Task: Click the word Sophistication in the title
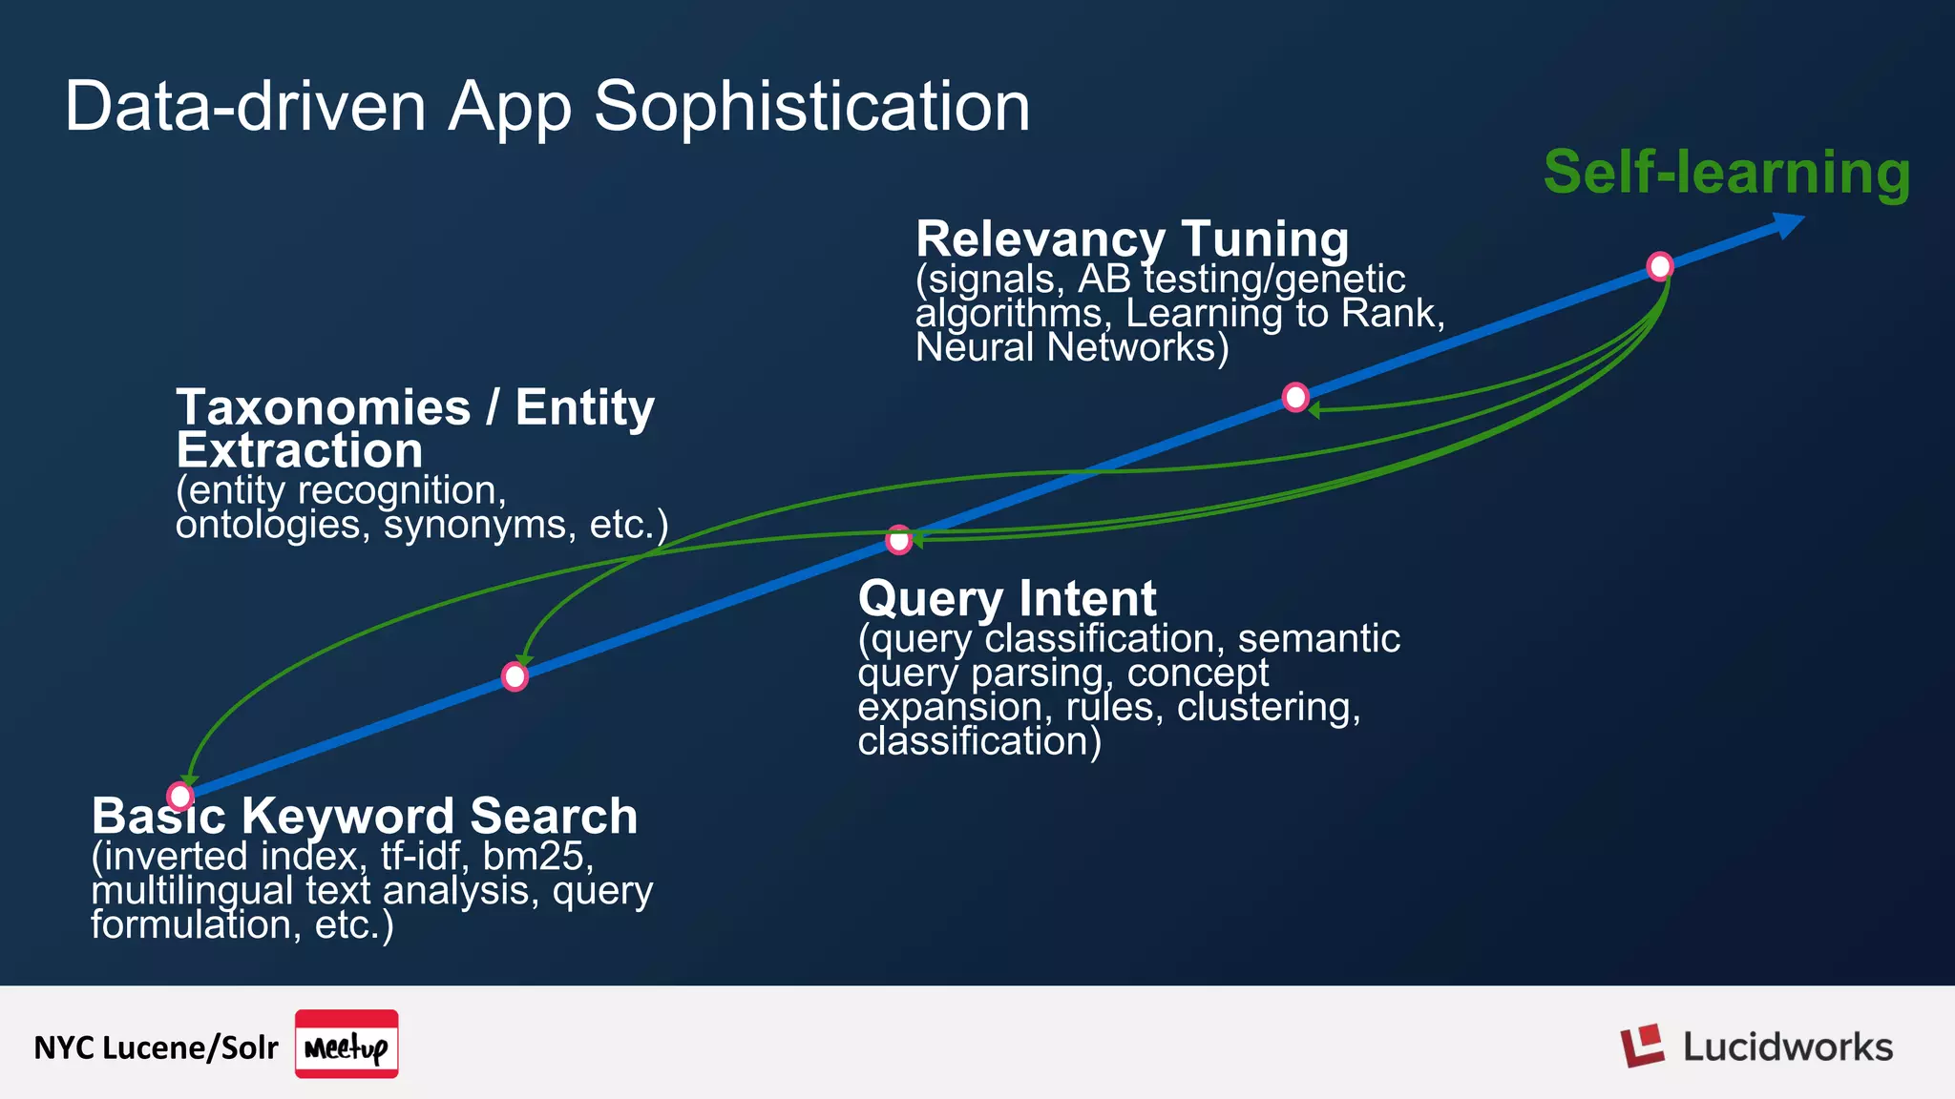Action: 811,107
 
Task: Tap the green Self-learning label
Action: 1726,173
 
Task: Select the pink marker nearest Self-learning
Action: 1660,266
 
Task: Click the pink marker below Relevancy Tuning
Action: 1295,397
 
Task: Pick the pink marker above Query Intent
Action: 898,540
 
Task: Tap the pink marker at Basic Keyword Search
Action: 179,796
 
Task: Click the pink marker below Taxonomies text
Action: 515,676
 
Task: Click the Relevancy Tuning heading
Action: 1131,238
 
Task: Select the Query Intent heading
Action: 1007,599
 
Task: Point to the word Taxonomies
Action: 324,408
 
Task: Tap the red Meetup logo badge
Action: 347,1045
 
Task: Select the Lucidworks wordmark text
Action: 1787,1047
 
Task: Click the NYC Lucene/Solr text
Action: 156,1047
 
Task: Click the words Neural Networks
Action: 1071,347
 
